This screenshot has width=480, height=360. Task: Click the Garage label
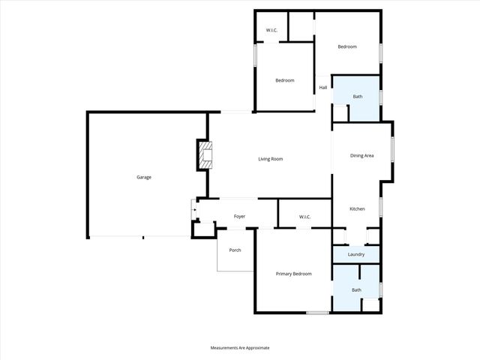(x=144, y=178)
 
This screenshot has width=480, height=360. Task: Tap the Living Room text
(x=270, y=159)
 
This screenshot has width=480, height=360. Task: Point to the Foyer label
(x=239, y=217)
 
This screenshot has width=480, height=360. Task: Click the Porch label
(x=235, y=250)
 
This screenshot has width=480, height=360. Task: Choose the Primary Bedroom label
(x=292, y=274)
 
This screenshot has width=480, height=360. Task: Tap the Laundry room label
(x=356, y=255)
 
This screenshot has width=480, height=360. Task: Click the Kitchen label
(x=357, y=209)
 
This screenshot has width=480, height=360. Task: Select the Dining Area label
(x=361, y=156)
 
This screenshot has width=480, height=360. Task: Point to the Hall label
(x=322, y=88)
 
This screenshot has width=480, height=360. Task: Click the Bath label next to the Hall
(x=358, y=97)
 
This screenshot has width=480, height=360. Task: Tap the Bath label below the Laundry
(x=356, y=290)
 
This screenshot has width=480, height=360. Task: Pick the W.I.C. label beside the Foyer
(x=304, y=217)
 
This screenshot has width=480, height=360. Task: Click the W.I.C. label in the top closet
(x=271, y=31)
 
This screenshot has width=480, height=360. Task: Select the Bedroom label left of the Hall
(x=284, y=81)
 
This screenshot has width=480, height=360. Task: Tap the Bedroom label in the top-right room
(x=346, y=47)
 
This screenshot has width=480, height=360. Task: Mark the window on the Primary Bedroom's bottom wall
(x=317, y=313)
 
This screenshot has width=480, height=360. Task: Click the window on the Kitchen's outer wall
(x=381, y=206)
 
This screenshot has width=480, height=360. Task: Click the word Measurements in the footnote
(x=225, y=348)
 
